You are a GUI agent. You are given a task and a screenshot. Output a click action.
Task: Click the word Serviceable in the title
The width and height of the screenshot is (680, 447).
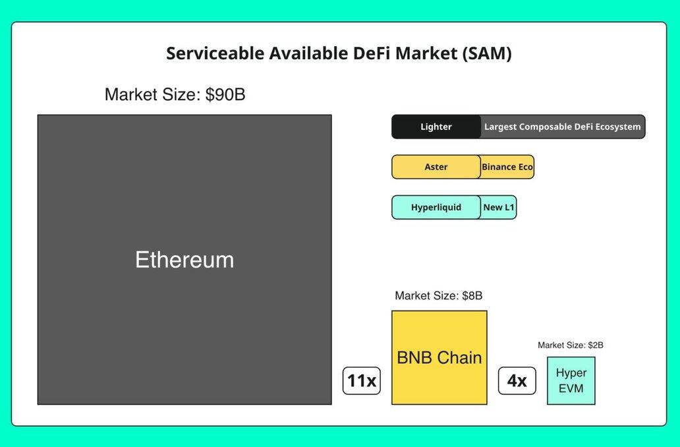click(215, 53)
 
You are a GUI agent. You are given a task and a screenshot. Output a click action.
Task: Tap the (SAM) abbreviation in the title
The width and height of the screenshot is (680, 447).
click(486, 53)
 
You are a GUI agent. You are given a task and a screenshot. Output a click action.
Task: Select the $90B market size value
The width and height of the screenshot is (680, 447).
click(225, 94)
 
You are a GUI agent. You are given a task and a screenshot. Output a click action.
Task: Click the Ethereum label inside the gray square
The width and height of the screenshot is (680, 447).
click(184, 260)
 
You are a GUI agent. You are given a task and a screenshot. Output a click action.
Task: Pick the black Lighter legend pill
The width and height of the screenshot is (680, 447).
click(436, 127)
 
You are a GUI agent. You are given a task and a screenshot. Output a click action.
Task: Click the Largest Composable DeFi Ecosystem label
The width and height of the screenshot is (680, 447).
click(563, 127)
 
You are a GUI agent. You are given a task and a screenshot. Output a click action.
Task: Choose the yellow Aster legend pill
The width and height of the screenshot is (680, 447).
click(436, 167)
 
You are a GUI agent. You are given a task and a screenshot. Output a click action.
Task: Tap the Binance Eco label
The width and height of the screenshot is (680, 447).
click(507, 167)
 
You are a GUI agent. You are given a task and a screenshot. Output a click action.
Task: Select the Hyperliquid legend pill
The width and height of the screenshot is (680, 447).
click(436, 208)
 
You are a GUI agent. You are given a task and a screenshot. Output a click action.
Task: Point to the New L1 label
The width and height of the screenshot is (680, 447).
click(499, 208)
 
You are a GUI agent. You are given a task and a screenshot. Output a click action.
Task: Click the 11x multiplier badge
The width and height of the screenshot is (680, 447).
click(362, 380)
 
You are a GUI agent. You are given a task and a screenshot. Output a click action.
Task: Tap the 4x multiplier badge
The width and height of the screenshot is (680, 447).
click(517, 380)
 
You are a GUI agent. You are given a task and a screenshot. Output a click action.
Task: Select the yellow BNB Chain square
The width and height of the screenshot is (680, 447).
click(439, 357)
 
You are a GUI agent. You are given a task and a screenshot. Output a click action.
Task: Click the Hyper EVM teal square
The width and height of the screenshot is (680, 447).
click(571, 380)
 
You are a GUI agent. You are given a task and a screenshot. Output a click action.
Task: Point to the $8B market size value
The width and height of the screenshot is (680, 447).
click(472, 296)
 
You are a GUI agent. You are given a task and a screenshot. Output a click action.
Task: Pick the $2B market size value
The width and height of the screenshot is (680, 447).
click(596, 345)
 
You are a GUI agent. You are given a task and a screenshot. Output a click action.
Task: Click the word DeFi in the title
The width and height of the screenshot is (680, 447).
click(372, 53)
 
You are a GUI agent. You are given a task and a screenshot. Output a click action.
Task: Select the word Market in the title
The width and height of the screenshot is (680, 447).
click(426, 53)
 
